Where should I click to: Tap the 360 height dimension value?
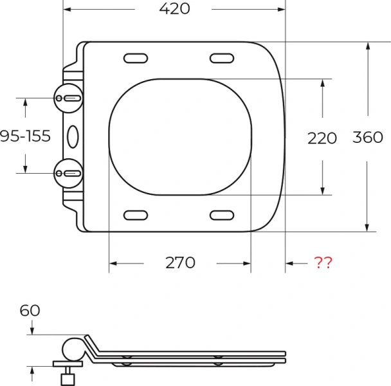(368, 137)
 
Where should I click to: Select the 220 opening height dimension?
(322, 138)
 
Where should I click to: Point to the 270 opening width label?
(180, 263)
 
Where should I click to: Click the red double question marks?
(323, 263)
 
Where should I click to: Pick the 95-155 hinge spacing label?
(25, 136)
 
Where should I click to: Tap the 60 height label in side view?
(30, 311)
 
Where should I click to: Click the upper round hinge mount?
(69, 98)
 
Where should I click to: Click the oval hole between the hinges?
(73, 135)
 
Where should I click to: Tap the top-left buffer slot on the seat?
(136, 59)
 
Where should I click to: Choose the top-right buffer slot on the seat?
(223, 59)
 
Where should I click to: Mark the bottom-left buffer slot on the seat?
(136, 215)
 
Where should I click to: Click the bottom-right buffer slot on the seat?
(223, 215)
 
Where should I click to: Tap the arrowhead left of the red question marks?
(290, 263)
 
